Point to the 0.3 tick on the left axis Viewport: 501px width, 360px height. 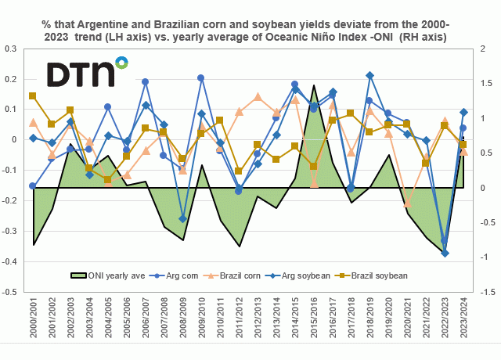pyautogui.click(x=11, y=49)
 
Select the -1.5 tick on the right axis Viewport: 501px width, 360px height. pyautogui.click(x=484, y=292)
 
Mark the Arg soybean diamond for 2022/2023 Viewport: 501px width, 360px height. pyautogui.click(x=445, y=254)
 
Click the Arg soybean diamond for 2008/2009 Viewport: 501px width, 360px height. pyautogui.click(x=182, y=219)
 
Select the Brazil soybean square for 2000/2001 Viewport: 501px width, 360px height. pyautogui.click(x=33, y=96)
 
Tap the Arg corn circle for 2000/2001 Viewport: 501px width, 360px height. pyautogui.click(x=33, y=186)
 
